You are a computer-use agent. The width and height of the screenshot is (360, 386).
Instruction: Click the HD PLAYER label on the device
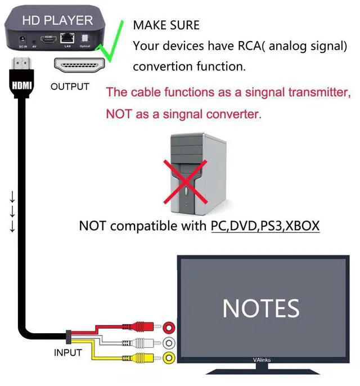[57, 20]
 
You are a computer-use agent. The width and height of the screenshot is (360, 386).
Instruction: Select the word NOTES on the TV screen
[260, 308]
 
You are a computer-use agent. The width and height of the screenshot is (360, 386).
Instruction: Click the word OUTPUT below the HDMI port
[69, 87]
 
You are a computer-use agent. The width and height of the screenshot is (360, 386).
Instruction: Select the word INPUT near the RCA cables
[67, 353]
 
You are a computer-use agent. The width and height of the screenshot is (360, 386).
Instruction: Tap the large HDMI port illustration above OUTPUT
[79, 66]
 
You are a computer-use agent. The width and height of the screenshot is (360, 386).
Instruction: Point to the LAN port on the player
[67, 37]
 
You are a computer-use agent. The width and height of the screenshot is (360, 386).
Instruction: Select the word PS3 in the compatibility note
[268, 226]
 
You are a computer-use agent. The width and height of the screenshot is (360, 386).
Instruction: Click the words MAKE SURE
[166, 25]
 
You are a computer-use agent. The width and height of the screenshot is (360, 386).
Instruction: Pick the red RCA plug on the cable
[143, 326]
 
